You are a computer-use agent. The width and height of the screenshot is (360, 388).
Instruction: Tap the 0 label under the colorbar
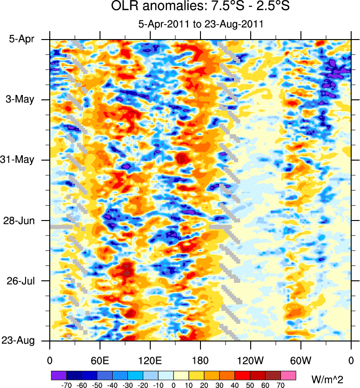pos(173,385)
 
